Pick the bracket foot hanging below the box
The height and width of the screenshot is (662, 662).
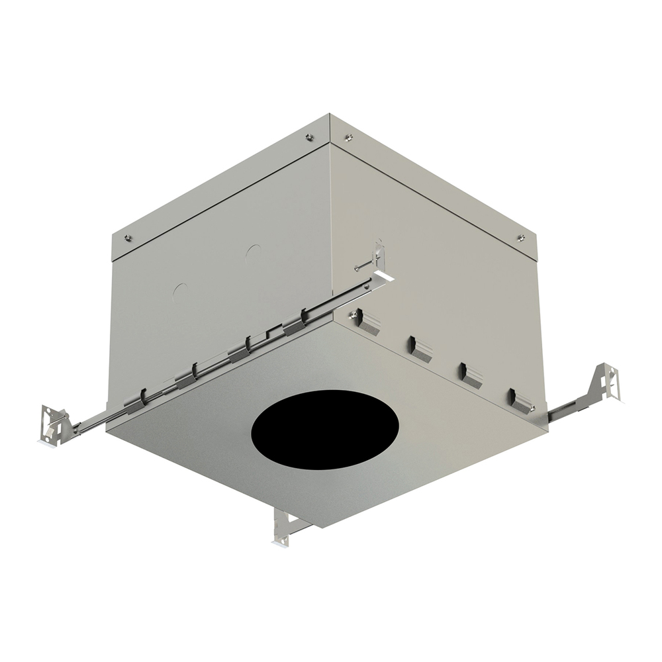point(283,529)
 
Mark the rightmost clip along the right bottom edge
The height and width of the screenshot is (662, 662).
point(520,401)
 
